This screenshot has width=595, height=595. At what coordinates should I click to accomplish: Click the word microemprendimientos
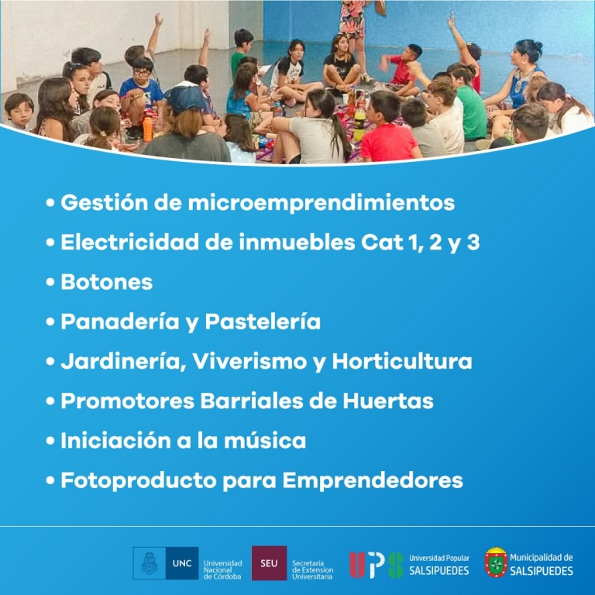322,203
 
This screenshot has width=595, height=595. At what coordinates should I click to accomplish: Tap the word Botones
107,282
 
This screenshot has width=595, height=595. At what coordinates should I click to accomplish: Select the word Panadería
120,322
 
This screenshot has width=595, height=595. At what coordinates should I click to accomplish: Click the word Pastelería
263,322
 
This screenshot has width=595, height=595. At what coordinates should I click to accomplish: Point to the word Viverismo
249,361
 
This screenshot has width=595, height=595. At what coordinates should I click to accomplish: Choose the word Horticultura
402,361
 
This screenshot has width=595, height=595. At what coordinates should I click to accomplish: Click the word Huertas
388,401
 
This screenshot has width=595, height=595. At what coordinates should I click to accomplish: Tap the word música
265,440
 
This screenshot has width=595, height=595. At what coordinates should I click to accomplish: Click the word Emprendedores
373,481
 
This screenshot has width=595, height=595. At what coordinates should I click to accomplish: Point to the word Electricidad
130,242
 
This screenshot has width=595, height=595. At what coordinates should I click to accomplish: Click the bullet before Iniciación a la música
50,441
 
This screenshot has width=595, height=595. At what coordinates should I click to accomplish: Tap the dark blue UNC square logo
182,563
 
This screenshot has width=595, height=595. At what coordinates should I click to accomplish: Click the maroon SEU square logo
269,563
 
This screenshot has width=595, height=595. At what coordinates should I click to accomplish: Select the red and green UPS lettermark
377,565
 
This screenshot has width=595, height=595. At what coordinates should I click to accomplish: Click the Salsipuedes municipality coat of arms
496,562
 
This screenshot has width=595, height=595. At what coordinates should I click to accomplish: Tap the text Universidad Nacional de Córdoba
223,570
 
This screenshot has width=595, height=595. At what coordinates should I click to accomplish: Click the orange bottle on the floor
148,129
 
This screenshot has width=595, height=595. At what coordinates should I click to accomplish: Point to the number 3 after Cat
473,242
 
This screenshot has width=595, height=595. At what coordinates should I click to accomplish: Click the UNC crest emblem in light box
149,563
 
